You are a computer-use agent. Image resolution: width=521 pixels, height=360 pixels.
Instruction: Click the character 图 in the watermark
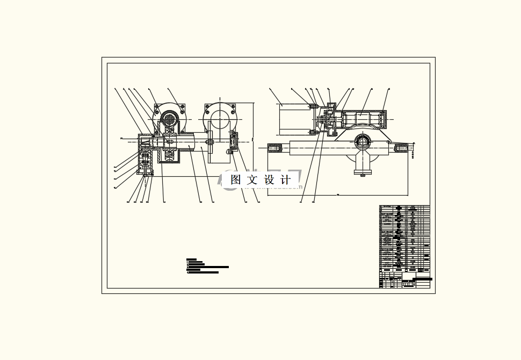coord(235,180)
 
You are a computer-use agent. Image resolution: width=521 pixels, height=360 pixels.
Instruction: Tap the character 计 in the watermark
coord(285,180)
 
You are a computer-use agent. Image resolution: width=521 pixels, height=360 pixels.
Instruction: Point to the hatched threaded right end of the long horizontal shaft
coord(400,146)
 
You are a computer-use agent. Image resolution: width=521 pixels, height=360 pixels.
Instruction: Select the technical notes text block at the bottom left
coord(207,267)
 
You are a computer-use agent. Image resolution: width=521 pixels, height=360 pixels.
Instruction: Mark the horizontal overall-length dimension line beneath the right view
coord(338,195)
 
